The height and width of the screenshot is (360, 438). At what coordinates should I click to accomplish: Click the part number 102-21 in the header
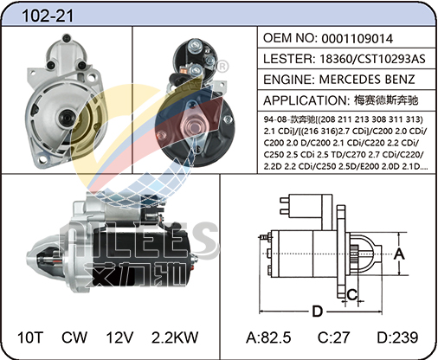pos(48,16)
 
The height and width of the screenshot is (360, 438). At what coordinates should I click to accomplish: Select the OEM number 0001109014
pos(357,39)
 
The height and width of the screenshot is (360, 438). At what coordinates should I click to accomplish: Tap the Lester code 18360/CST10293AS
pos(372,59)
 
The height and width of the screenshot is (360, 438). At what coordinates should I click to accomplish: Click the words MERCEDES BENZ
pos(367,80)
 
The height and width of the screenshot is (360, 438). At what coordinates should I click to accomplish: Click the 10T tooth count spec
pos(30,337)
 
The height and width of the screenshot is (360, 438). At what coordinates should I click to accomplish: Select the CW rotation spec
pos(74,337)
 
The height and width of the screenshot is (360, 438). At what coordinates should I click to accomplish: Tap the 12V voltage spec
pos(119,337)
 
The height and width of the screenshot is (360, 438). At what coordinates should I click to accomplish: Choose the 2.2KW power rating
pos(175,337)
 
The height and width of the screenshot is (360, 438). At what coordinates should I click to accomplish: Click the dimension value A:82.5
pos(268,337)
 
